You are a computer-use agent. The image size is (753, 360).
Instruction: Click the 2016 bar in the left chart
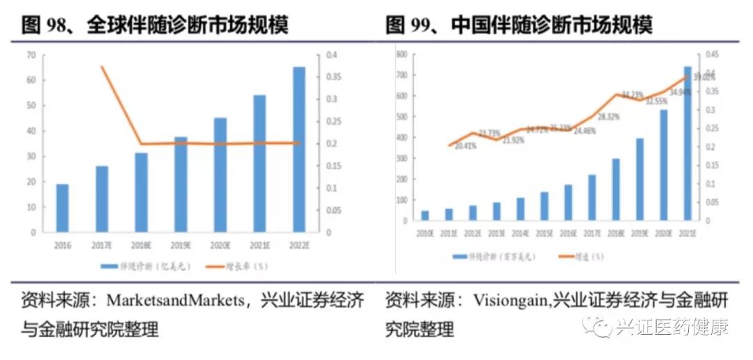[x=63, y=207]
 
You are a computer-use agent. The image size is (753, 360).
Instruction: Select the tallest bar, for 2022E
[x=298, y=149]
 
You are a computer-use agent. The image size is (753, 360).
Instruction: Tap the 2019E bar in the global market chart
[x=181, y=184]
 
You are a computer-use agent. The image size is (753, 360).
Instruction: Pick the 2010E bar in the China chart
[x=425, y=216]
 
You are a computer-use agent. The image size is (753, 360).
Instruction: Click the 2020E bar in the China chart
[x=664, y=165]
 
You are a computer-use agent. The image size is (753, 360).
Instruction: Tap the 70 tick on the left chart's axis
[x=31, y=54]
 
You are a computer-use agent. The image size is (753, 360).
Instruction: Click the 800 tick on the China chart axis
[x=402, y=54]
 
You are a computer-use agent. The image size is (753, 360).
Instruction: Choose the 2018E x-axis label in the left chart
[x=141, y=246]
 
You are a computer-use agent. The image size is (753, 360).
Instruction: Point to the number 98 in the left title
[x=56, y=27]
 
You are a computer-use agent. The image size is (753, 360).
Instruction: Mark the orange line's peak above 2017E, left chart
[x=102, y=66]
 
